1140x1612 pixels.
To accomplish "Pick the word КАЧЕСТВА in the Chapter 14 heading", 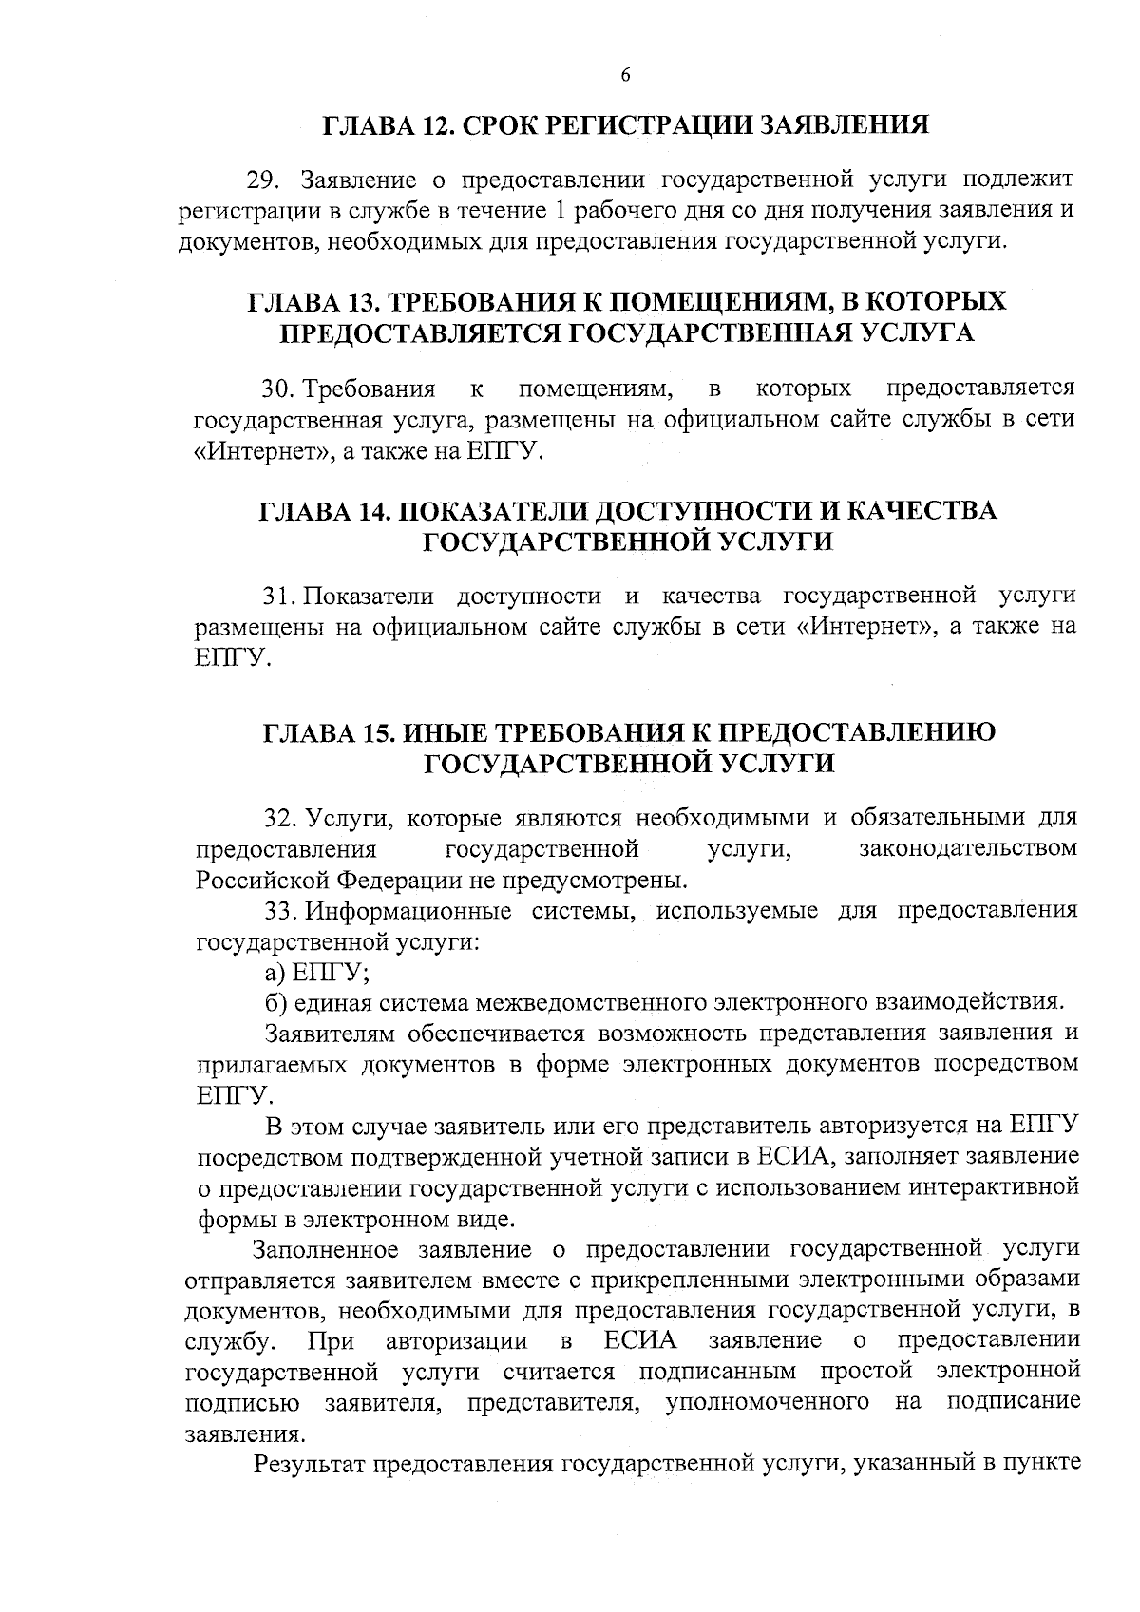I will point(921,511).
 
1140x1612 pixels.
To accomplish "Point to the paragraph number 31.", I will point(279,597).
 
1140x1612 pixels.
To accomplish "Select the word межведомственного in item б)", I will point(591,1003).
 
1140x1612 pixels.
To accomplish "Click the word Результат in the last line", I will point(309,1463).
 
